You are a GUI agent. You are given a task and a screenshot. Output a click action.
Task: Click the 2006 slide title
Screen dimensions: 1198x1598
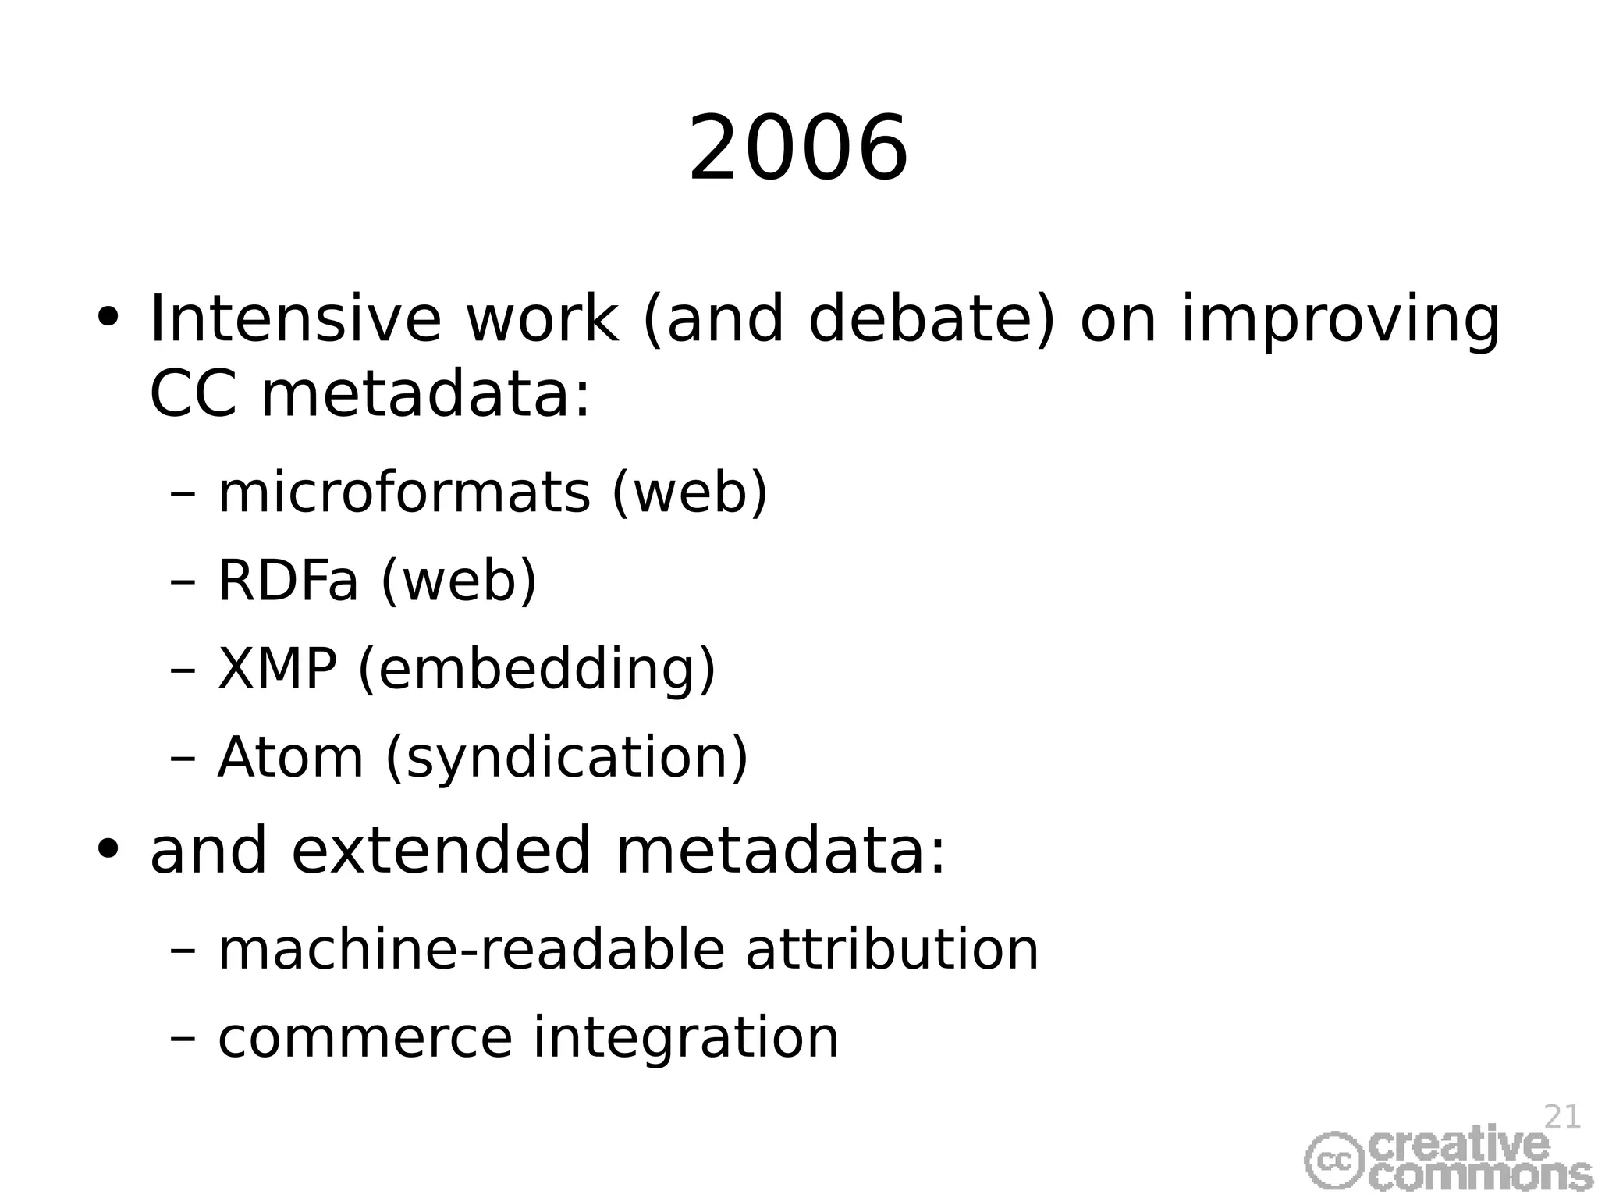tap(798, 148)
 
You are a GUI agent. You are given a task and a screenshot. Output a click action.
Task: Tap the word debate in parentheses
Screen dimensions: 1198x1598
tap(928, 319)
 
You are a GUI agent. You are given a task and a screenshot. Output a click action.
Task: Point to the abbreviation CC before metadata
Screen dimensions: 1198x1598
tap(192, 394)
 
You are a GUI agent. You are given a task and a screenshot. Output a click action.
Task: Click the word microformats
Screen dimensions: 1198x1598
tap(403, 493)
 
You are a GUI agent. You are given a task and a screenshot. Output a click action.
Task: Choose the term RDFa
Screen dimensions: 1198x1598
tap(287, 581)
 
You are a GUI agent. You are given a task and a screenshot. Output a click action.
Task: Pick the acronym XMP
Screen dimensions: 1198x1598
tap(277, 669)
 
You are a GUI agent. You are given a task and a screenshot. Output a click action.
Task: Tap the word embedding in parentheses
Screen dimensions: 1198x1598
tap(536, 670)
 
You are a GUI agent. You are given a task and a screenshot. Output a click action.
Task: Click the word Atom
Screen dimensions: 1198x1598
tap(290, 757)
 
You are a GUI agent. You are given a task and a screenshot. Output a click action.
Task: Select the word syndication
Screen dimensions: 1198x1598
tap(566, 759)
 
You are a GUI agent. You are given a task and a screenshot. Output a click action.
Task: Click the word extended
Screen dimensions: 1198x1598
tap(441, 851)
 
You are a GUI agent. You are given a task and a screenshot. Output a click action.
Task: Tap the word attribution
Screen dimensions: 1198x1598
tap(892, 950)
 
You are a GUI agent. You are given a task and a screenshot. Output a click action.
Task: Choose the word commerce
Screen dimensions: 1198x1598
tap(364, 1038)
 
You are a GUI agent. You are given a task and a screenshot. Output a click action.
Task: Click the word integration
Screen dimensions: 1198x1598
tap(685, 1040)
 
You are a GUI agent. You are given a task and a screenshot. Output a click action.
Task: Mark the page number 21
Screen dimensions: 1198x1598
tap(1562, 1118)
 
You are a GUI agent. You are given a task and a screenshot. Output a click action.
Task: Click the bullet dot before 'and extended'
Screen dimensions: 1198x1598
tap(108, 848)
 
